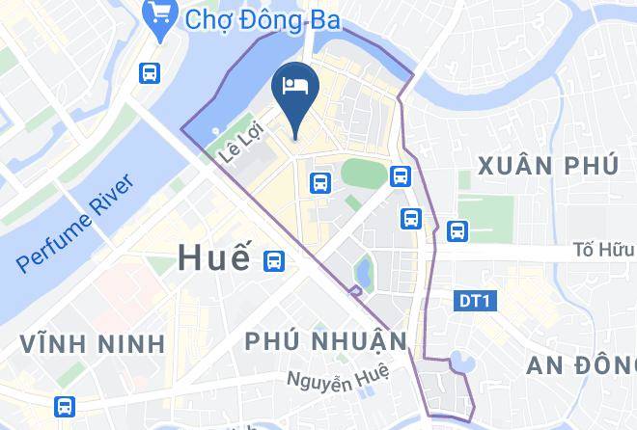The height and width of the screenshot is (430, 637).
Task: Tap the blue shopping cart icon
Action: pos(156,14)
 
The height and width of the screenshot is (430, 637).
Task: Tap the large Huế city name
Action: pos(213,257)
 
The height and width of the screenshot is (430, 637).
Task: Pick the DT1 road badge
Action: pos(473,302)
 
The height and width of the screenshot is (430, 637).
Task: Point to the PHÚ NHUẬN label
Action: pos(326,341)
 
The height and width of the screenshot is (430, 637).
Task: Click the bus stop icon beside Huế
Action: pos(276,259)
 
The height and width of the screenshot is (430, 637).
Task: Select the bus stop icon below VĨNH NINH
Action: pos(64,406)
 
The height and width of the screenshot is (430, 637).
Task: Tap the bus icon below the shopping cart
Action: pos(149,71)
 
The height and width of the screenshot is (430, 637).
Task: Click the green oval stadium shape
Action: pos(361,174)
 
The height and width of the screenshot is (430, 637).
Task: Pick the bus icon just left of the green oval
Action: pos(318,181)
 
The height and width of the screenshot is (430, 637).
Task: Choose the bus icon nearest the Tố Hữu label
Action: pos(457,230)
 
